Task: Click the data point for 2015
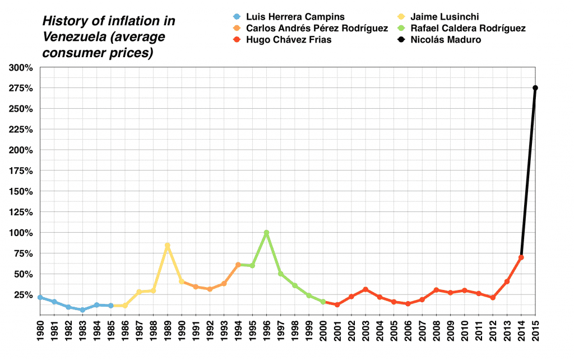click(x=535, y=88)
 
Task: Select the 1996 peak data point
click(x=266, y=233)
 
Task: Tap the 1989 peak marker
click(x=167, y=246)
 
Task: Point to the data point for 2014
click(x=521, y=257)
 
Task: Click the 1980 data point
click(x=40, y=297)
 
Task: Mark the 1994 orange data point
click(x=238, y=265)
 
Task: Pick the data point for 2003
click(x=365, y=289)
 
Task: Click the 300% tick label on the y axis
click(x=20, y=68)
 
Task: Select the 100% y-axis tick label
click(x=20, y=233)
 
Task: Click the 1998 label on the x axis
click(x=295, y=336)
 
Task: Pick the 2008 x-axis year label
click(x=437, y=336)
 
